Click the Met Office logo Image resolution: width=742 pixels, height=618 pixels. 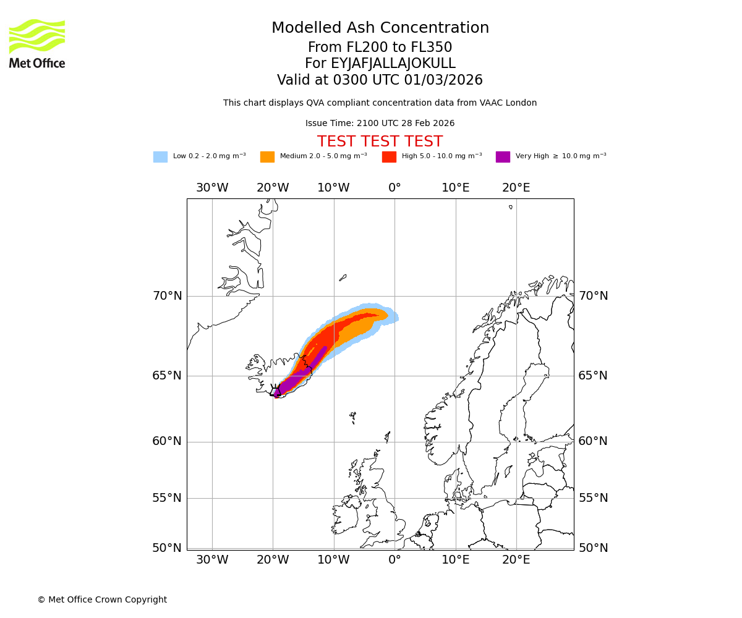37,43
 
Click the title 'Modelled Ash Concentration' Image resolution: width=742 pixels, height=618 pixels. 380,28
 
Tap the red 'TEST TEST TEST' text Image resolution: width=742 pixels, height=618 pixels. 380,142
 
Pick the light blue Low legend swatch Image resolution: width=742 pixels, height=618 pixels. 160,157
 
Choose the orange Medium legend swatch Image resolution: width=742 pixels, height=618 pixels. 267,157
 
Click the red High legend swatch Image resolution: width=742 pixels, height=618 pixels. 389,157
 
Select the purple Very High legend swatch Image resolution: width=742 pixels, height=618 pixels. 503,157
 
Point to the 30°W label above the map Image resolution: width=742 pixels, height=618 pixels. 212,188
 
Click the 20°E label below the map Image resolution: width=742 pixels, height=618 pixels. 516,560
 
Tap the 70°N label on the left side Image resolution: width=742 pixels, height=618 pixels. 167,296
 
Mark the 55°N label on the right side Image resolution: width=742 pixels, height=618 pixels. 593,498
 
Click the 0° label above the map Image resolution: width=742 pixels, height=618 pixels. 394,188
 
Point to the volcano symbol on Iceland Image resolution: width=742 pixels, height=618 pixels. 276,391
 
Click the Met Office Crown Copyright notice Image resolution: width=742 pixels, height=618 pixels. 102,599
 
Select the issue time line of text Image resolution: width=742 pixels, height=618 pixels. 380,123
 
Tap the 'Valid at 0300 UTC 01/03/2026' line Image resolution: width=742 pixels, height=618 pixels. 380,80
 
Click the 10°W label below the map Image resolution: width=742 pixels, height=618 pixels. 333,560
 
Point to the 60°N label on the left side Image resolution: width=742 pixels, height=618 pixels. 167,441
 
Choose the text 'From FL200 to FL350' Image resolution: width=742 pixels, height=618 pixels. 380,48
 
